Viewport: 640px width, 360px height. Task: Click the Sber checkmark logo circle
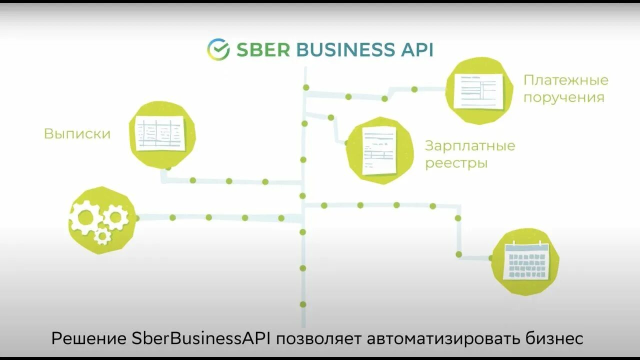coord(218,49)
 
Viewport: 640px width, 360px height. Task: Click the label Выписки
coord(77,134)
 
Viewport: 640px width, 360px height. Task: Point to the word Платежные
coord(565,80)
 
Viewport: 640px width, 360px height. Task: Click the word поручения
coord(563,97)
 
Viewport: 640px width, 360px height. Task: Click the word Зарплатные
coord(469,146)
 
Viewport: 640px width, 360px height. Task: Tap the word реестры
coord(456,163)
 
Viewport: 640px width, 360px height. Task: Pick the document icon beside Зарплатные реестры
coord(379,150)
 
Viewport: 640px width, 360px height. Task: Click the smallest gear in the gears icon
coord(102,236)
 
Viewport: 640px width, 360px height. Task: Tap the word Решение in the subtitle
coord(88,338)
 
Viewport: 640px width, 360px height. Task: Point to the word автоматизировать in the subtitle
coord(444,338)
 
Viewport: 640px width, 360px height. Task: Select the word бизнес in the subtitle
coord(555,338)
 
